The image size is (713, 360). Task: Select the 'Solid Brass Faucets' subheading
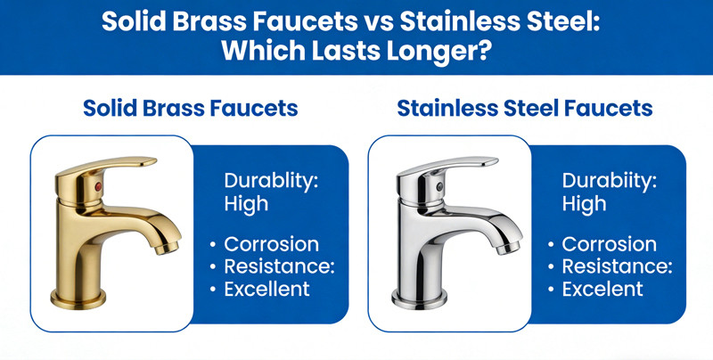tap(190, 109)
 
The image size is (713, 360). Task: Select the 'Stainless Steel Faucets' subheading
tap(525, 109)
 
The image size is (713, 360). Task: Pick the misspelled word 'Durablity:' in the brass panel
tap(271, 181)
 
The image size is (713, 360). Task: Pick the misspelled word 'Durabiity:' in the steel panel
tap(609, 181)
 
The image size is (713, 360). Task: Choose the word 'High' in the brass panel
tap(246, 204)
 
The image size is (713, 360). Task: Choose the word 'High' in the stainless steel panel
tap(584, 204)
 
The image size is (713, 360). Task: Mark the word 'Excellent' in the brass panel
tap(267, 289)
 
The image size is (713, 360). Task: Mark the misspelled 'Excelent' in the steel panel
tap(602, 289)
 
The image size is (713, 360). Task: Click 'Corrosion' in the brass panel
tap(272, 244)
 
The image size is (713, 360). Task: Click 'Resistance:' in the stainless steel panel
tap(617, 266)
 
